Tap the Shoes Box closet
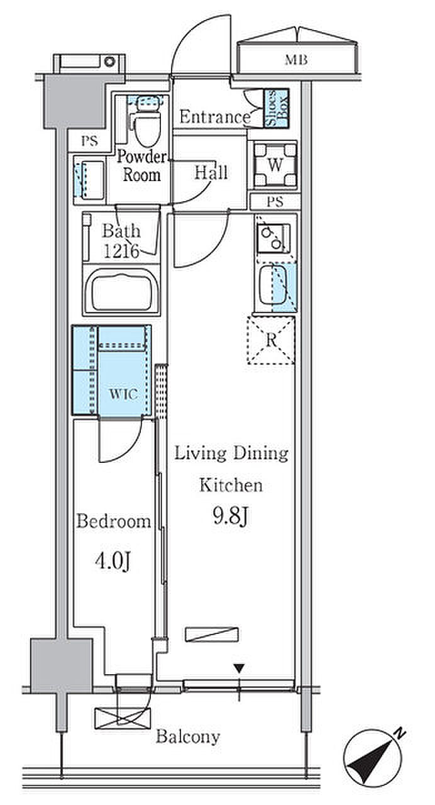[x=277, y=109]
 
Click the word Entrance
[x=214, y=117]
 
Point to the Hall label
[x=211, y=172]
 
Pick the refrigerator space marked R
[x=271, y=341]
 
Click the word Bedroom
[x=114, y=521]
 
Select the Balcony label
[x=188, y=736]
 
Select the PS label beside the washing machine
[x=274, y=203]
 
